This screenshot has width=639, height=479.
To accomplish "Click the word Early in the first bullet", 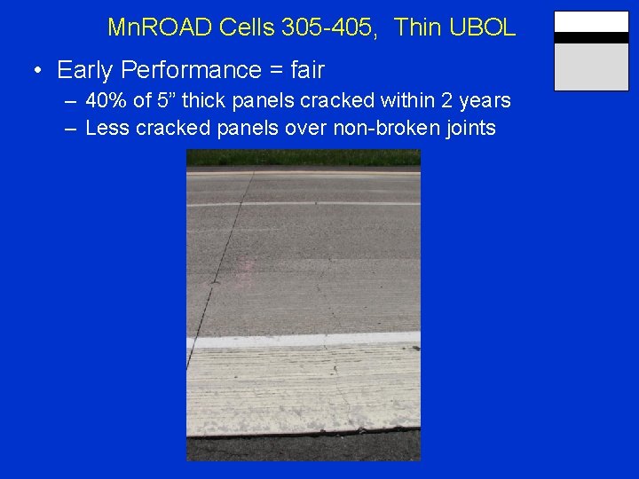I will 83,70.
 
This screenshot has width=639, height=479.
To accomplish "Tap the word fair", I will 304,70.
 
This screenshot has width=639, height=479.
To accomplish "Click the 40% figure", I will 104,100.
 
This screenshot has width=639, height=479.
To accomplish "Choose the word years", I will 485,100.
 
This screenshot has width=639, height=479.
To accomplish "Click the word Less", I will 106,129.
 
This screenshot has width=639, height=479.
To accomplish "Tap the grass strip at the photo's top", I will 303,158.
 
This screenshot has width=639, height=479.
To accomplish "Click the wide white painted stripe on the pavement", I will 303,340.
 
